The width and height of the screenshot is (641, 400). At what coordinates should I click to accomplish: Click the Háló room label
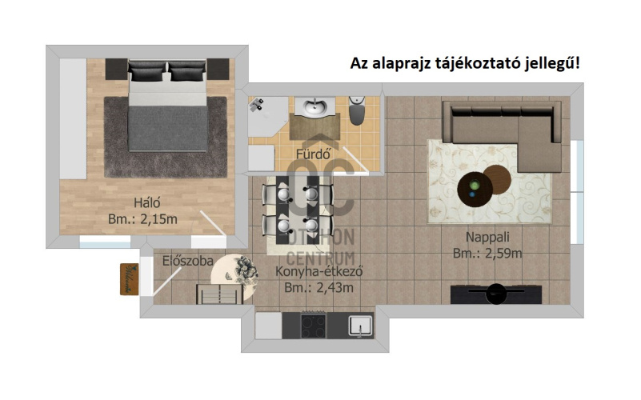coord(147,202)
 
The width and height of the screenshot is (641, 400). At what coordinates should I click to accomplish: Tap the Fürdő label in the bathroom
coord(313,154)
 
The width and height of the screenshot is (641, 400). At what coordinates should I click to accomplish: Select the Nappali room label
coord(487,237)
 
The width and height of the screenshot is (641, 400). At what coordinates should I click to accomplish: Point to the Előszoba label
coord(187,261)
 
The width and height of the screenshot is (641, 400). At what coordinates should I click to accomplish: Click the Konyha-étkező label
coord(319,271)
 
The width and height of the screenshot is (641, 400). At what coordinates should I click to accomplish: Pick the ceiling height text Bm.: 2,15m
coord(142,219)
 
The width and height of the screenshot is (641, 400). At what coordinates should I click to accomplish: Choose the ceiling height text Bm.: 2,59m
coord(487,254)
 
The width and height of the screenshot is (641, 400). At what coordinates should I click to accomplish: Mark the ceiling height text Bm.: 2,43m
coord(318,288)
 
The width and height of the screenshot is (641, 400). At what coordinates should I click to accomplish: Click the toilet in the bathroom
coord(357,110)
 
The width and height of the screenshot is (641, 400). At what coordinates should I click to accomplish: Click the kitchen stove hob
coord(314,326)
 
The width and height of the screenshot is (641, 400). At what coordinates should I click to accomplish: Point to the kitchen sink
coord(361,326)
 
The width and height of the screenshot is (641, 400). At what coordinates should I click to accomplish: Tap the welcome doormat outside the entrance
coord(129,279)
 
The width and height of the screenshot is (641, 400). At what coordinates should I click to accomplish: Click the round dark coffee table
coord(475,190)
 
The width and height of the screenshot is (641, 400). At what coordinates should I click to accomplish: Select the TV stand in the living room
coord(496,294)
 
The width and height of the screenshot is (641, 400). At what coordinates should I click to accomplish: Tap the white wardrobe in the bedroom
coord(73,118)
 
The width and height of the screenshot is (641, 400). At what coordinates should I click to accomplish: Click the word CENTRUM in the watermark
coord(320,258)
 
